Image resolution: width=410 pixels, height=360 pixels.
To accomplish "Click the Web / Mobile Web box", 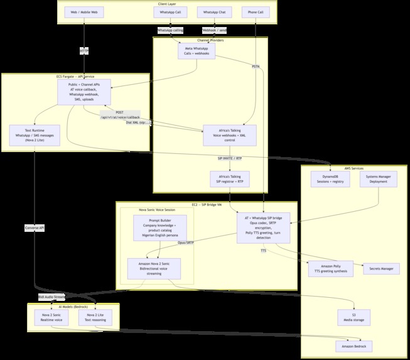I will (x=84, y=12).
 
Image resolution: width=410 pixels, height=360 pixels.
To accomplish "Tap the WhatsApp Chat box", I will (x=214, y=12).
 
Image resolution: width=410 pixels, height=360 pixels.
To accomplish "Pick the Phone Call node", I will (x=256, y=12).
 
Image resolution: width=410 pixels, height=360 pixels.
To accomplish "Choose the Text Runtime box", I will (x=35, y=136).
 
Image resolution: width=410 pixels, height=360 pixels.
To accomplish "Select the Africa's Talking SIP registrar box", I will (x=229, y=180).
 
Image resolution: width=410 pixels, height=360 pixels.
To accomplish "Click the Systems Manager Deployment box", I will (x=378, y=180).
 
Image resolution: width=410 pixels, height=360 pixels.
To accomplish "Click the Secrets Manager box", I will (x=381, y=269).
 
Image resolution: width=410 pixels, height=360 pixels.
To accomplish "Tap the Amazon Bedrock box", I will (x=353, y=347).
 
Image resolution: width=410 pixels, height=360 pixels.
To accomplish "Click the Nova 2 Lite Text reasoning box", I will (x=95, y=317).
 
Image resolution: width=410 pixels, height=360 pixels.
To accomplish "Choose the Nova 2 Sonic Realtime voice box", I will (x=51, y=317).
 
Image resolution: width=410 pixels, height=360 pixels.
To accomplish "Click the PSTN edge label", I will (x=256, y=66).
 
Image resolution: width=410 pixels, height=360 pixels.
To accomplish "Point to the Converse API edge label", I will (x=35, y=227).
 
